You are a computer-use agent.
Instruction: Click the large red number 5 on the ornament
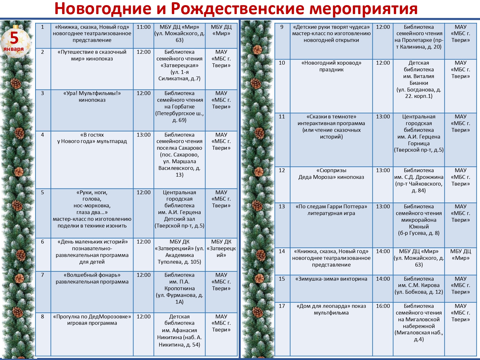point(14,38)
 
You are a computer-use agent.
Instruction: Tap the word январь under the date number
point(14,49)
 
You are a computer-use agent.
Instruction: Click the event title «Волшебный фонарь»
point(92,275)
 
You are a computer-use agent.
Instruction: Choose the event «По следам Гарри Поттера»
point(331,207)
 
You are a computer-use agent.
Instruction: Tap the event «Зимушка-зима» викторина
point(331,279)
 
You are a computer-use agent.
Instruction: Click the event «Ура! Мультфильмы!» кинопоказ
point(92,97)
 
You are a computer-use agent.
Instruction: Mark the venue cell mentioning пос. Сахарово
point(179,155)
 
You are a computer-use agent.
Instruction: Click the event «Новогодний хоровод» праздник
point(331,66)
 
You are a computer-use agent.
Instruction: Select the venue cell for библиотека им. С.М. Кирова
point(419,285)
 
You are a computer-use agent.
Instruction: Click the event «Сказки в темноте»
point(331,127)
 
